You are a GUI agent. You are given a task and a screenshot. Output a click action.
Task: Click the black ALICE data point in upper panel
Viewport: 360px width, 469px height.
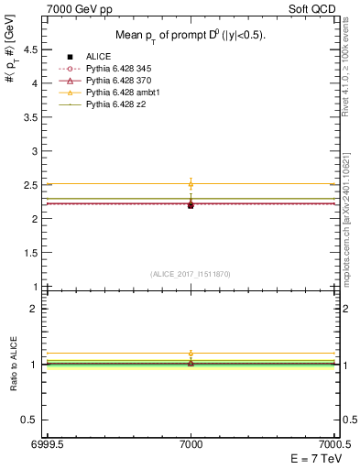pyautogui.click(x=191, y=205)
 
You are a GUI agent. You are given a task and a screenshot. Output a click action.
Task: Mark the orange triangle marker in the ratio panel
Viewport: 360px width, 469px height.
pyautogui.click(x=191, y=354)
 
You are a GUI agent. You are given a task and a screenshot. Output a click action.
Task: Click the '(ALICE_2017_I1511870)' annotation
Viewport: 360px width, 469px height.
pyautogui.click(x=191, y=274)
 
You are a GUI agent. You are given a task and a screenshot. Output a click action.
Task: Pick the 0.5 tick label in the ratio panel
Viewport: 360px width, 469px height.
pyautogui.click(x=33, y=420)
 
